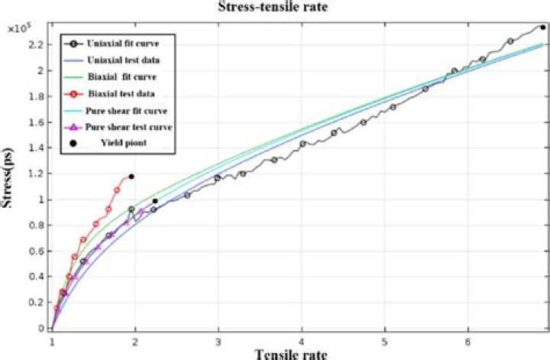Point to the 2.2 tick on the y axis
[39, 45]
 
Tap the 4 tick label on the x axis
[302, 338]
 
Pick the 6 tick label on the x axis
[469, 338]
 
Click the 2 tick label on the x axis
[136, 338]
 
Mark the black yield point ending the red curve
[131, 177]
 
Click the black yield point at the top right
[542, 28]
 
